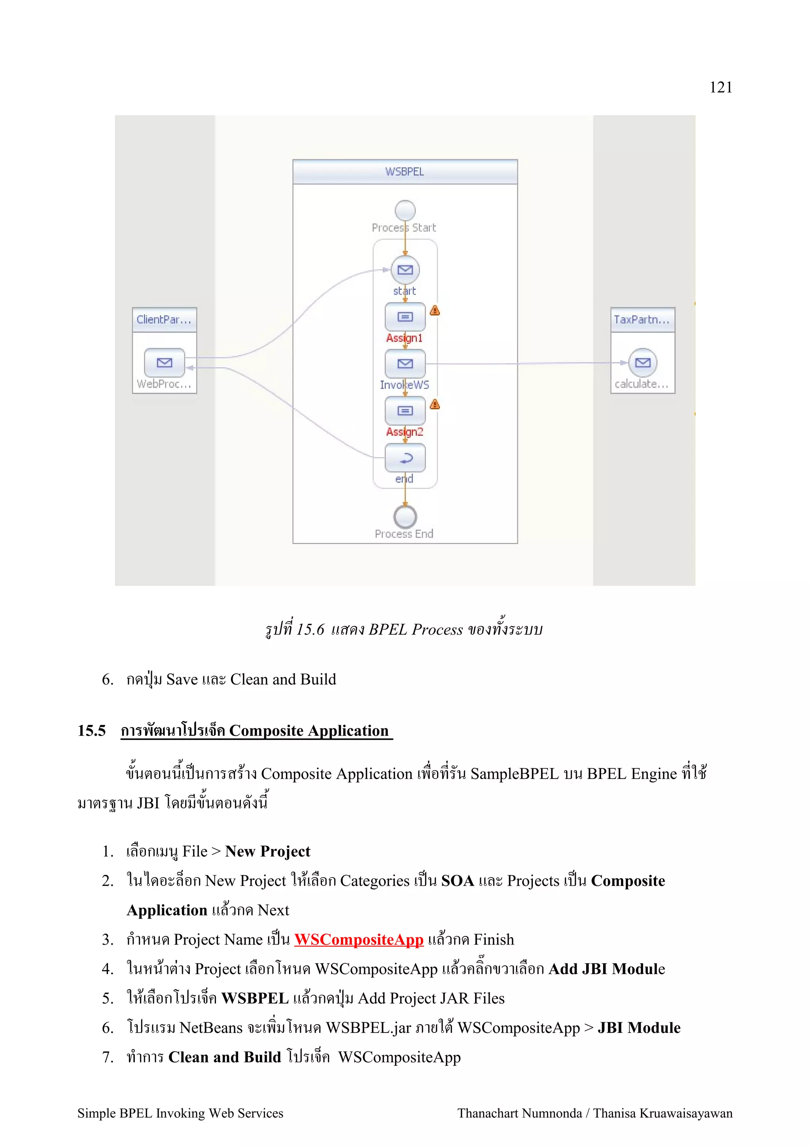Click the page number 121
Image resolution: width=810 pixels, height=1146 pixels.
tap(720, 87)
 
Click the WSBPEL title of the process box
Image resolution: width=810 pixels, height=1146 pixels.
tap(404, 172)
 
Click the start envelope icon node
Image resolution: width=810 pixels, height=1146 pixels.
tap(405, 270)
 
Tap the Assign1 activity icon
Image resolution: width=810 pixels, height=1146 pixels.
tap(405, 317)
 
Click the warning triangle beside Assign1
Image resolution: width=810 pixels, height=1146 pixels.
tap(435, 310)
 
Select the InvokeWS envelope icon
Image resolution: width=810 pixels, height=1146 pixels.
tap(405, 363)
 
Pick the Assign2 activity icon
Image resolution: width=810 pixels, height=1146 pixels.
tap(405, 411)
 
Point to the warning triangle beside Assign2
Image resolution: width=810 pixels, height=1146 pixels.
tap(435, 404)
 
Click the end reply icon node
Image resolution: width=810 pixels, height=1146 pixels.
tap(405, 458)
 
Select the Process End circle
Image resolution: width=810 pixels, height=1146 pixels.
tap(405, 516)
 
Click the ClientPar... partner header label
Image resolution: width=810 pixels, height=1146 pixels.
tap(164, 320)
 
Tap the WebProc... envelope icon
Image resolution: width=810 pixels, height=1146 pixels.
tap(164, 362)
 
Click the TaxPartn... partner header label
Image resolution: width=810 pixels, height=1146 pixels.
tap(642, 320)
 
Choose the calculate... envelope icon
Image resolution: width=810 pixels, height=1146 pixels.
tap(642, 362)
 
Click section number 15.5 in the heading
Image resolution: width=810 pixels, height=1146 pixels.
tap(91, 731)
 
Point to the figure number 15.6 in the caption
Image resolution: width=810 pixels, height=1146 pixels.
tap(310, 630)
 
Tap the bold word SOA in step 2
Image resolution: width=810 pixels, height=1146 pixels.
tap(457, 881)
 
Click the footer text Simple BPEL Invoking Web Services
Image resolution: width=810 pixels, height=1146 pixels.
tap(180, 1113)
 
